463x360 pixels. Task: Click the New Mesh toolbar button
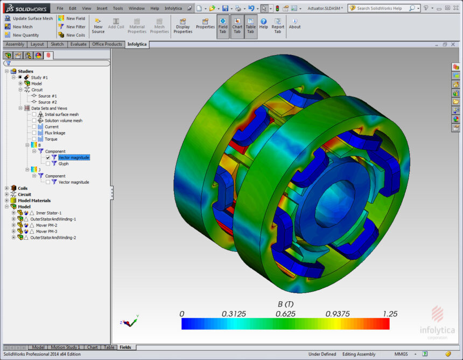click(19, 26)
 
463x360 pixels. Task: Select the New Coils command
click(72, 35)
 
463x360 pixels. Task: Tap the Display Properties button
click(183, 26)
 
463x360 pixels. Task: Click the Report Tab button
click(278, 26)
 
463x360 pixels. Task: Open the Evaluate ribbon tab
click(78, 44)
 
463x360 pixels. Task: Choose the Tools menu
click(118, 8)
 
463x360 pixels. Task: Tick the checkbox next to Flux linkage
click(34, 133)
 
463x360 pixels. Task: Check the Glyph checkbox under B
click(48, 164)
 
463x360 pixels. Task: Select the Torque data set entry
click(51, 139)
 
